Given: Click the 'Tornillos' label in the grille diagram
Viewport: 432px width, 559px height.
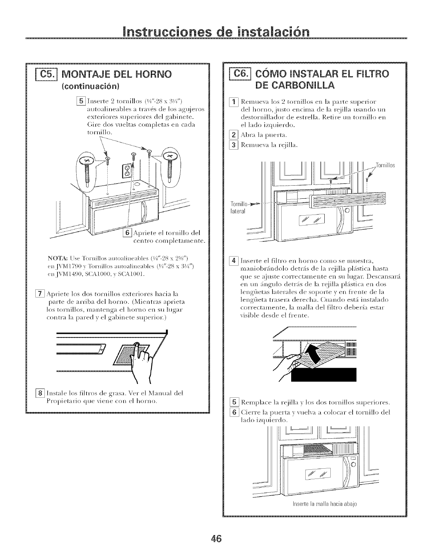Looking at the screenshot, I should [x=385, y=165].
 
